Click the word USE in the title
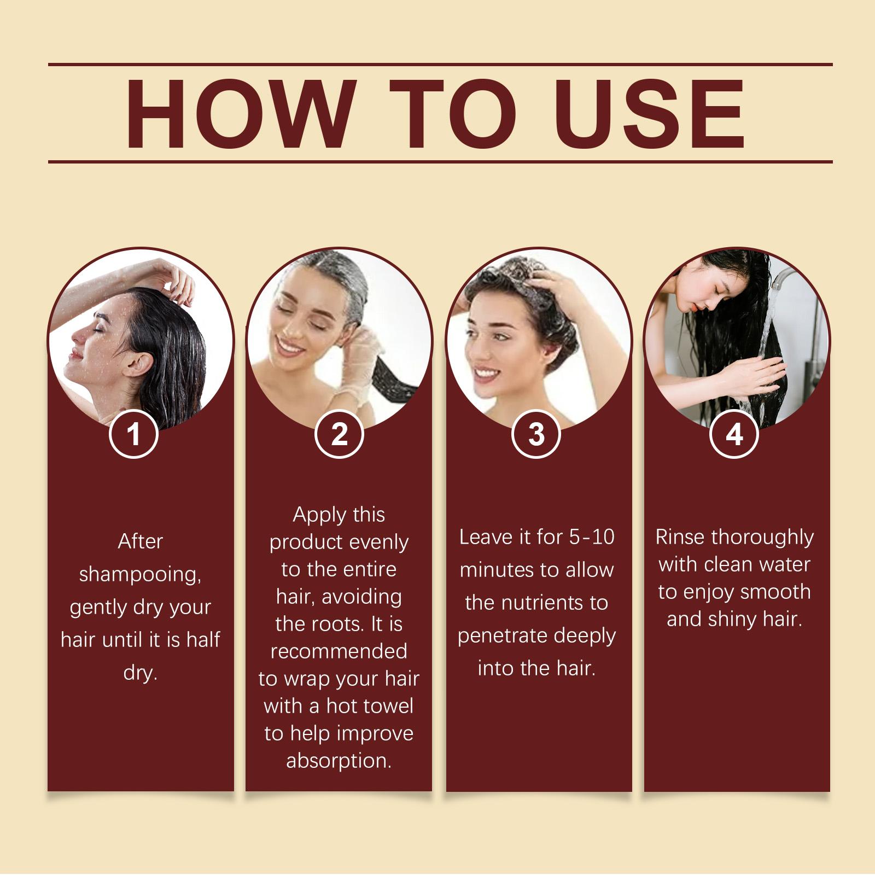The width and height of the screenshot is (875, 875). (650, 114)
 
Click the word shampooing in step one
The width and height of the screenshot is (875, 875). (141, 575)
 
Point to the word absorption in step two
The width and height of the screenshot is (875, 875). (339, 761)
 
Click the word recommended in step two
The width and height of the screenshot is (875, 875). (339, 651)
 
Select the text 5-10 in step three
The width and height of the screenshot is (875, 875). (592, 537)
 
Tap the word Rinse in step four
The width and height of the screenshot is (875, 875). (681, 537)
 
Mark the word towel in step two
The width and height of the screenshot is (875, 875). (386, 706)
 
